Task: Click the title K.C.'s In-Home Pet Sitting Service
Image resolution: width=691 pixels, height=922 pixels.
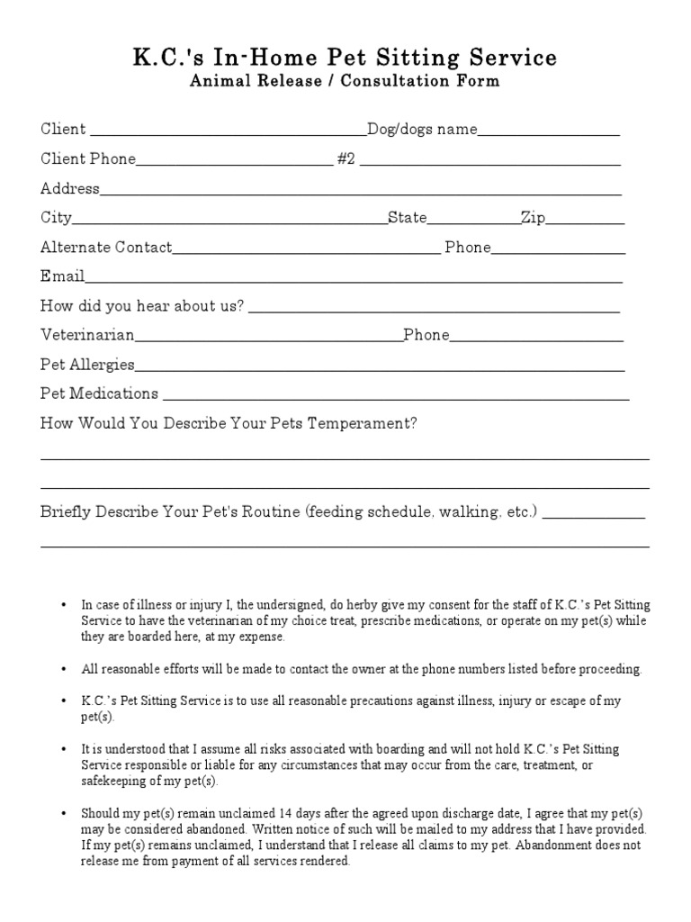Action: pos(345,59)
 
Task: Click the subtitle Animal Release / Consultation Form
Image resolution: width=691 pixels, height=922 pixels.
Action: pos(345,82)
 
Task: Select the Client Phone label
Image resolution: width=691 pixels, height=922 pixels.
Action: pos(88,159)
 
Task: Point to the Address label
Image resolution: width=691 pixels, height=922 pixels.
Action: pos(70,189)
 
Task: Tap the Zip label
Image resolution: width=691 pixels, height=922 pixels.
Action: pos(534,219)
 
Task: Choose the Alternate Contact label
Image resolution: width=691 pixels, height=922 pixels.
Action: pos(106,248)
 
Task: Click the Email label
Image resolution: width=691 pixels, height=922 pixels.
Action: pos(62,276)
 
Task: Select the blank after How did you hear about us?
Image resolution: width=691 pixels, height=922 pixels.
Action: pos(434,310)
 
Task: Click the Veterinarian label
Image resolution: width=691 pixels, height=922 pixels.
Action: pos(87,335)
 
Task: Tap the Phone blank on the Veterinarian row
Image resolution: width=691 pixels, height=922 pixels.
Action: pos(536,339)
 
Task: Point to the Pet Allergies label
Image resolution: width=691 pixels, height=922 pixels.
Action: pos(87,365)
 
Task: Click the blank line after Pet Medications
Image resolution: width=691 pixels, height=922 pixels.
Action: pos(396,397)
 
